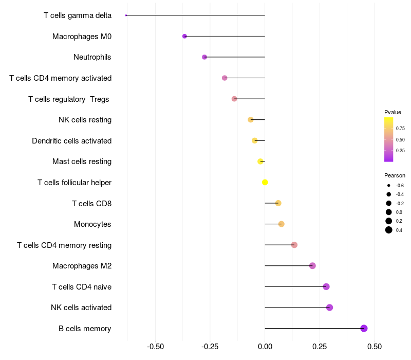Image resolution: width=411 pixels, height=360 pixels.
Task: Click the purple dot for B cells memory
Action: [x=364, y=328]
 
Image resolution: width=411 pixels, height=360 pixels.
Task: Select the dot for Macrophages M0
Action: [x=184, y=36]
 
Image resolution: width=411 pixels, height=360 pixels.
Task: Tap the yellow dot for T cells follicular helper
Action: [x=265, y=182]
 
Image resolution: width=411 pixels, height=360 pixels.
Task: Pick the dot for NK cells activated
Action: [x=329, y=308]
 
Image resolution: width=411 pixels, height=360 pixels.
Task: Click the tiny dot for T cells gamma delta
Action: [x=126, y=15]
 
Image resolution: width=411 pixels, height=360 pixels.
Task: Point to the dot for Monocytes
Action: [x=281, y=224]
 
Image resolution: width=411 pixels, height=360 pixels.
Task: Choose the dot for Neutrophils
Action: [x=204, y=57]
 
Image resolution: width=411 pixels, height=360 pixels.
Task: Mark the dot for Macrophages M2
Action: [x=312, y=266]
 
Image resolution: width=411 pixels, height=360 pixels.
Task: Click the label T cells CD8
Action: [x=91, y=203]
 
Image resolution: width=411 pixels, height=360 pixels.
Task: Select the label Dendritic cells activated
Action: [x=71, y=140]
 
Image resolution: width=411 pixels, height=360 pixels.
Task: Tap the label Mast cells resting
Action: [x=82, y=161]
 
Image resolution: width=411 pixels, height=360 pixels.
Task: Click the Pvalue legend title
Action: [x=393, y=112]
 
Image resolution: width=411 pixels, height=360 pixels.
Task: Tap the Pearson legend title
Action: [x=395, y=175]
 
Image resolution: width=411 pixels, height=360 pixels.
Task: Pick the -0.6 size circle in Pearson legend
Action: [x=389, y=185]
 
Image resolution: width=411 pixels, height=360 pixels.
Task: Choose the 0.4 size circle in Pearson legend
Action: [x=389, y=230]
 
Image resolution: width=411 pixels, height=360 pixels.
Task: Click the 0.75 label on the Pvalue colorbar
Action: [x=400, y=128]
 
